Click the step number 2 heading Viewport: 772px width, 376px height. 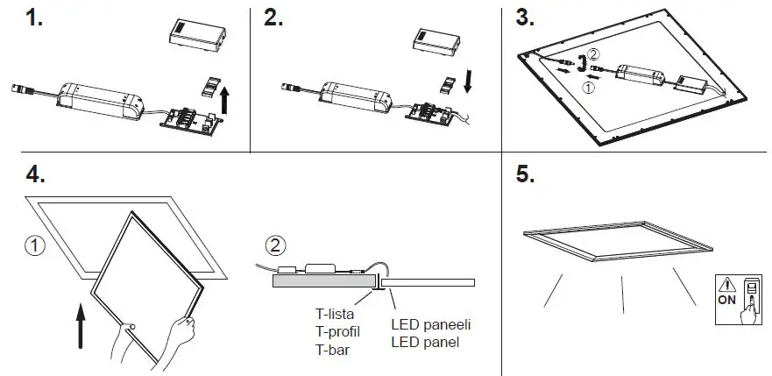[x=273, y=19]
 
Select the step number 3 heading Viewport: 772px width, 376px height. [x=525, y=19]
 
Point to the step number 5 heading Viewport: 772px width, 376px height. [x=525, y=175]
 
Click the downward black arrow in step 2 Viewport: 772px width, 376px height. [x=471, y=81]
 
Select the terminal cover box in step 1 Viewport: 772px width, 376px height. [x=195, y=36]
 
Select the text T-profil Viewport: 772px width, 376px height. [x=337, y=332]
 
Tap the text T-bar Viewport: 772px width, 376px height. [x=332, y=350]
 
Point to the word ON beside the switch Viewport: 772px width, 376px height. [x=727, y=301]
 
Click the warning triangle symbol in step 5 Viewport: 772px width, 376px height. [x=727, y=285]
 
